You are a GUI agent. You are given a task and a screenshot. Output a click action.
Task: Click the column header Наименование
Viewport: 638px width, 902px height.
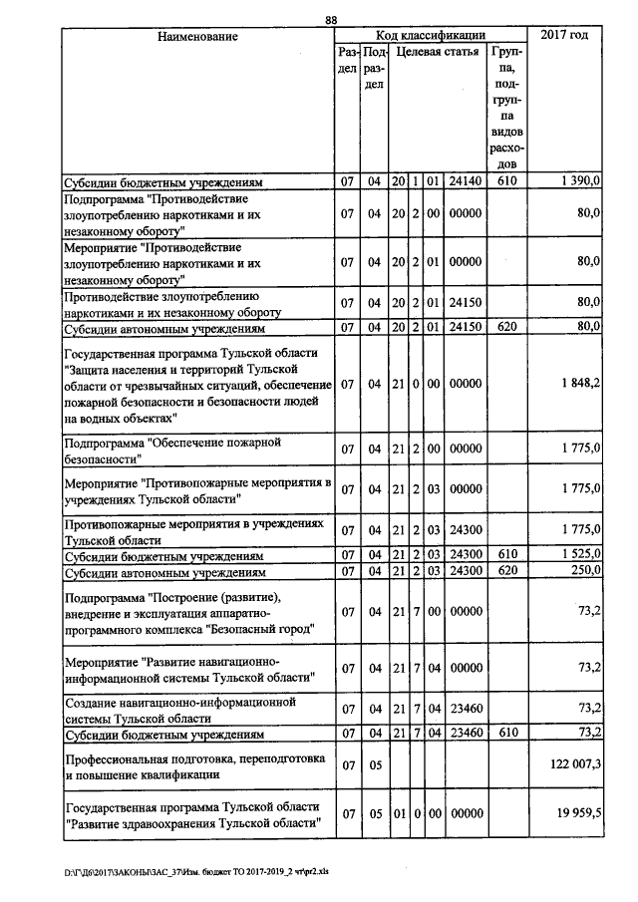(x=197, y=37)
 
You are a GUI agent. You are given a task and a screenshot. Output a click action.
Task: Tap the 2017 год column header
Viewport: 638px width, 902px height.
(x=564, y=36)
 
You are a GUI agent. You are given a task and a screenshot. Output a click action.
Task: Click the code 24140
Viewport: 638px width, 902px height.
(x=467, y=183)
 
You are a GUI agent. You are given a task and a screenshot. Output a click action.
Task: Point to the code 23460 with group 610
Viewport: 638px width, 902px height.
(x=467, y=735)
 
